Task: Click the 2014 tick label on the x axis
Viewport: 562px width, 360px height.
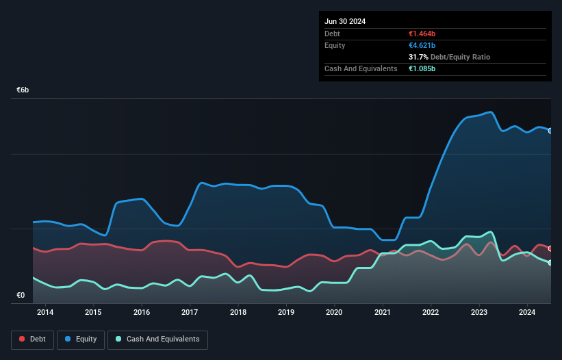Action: tap(45, 313)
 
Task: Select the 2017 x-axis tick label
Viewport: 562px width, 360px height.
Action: tap(190, 313)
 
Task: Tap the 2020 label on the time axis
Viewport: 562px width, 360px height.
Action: tap(334, 313)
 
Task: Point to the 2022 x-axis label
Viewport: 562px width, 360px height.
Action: tap(431, 313)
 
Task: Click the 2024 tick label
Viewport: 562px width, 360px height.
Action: tap(527, 313)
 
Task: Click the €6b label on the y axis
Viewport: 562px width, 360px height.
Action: tap(23, 90)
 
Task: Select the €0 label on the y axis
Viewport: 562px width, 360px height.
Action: tap(21, 296)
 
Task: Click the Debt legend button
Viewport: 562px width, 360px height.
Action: tap(33, 339)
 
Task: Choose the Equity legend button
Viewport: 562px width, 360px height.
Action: tap(81, 339)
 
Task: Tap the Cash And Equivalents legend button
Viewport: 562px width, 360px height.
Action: tap(157, 339)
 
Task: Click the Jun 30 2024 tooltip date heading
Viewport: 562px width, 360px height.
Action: tap(345, 21)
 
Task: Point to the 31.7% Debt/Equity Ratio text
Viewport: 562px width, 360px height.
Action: tap(449, 57)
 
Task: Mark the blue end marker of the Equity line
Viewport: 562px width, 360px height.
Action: tap(550, 131)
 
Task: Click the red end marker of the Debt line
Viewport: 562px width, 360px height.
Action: tap(550, 248)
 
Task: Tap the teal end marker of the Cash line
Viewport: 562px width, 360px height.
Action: tap(550, 263)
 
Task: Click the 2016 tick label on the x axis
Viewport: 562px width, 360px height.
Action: tap(142, 313)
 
